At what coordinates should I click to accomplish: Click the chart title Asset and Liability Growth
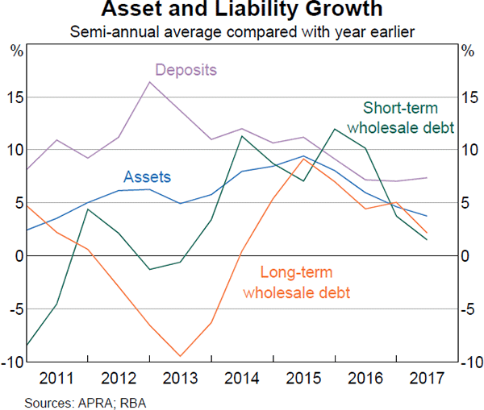(242, 11)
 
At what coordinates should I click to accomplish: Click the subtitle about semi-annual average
(242, 32)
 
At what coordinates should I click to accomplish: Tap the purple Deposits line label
(186, 69)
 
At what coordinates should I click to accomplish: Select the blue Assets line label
(147, 176)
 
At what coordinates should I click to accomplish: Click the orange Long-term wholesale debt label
(297, 283)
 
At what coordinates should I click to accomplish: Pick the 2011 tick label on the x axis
(57, 377)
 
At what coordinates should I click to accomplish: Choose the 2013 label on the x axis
(180, 377)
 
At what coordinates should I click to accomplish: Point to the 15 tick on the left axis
(15, 97)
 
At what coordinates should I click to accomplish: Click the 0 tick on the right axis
(466, 256)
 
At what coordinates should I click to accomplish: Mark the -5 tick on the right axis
(469, 309)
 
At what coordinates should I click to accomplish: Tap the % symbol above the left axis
(16, 51)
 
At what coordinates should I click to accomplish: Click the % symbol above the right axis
(467, 51)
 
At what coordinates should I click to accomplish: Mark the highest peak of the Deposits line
(150, 81)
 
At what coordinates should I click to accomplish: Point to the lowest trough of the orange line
(181, 356)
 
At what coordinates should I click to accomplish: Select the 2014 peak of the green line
(242, 135)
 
